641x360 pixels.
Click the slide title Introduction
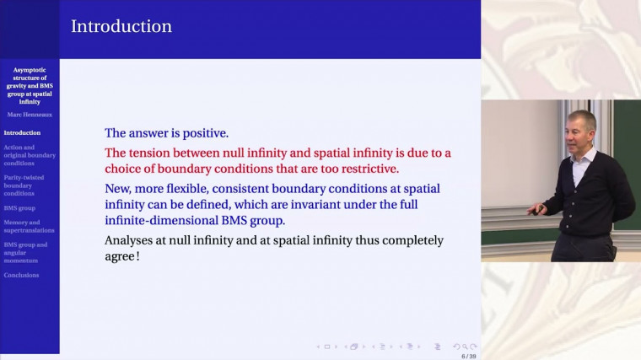point(121,26)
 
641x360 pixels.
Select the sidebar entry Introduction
point(22,132)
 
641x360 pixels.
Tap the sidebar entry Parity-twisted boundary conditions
point(24,185)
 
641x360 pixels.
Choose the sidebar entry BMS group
point(19,207)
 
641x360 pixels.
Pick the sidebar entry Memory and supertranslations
point(29,226)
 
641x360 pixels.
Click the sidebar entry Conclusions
point(21,275)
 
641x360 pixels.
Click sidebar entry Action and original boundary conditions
point(30,155)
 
